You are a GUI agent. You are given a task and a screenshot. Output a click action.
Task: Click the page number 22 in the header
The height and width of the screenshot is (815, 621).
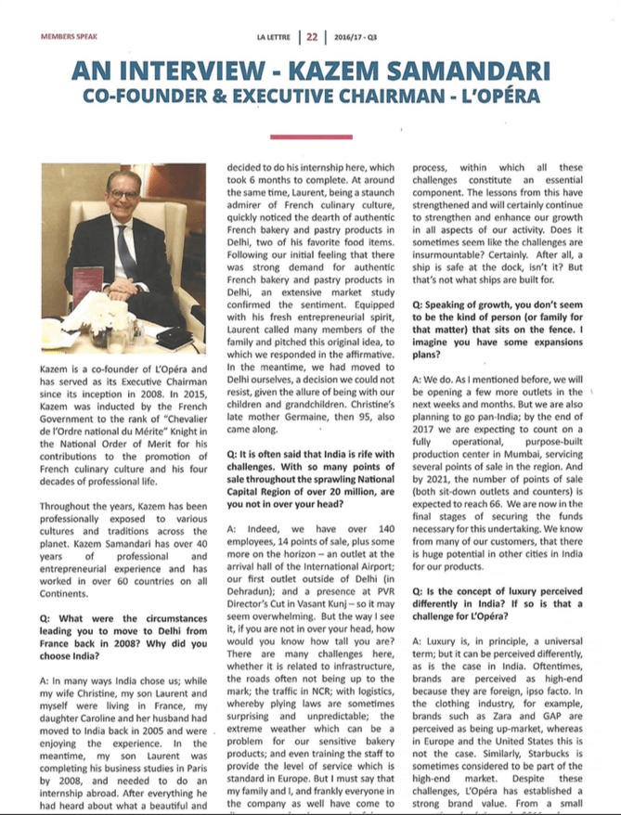pyautogui.click(x=312, y=38)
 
